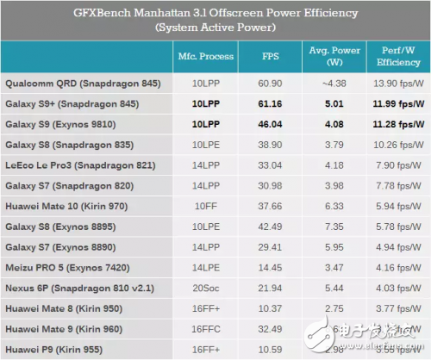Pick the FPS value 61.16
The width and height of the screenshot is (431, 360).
point(270,106)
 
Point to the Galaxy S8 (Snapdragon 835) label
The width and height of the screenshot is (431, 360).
point(76,146)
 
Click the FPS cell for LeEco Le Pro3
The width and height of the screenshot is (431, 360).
point(270,165)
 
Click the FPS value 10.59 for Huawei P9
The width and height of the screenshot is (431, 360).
point(270,350)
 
